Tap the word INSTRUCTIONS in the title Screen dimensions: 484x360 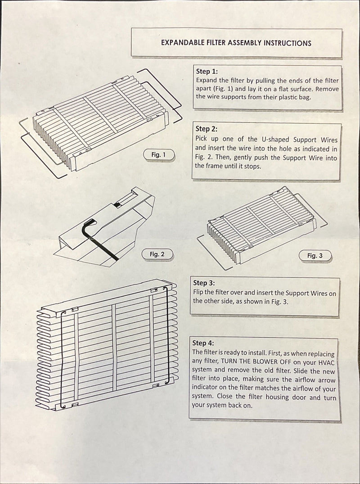[288, 43]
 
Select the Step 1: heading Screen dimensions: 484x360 [207, 71]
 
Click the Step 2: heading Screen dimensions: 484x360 [207, 129]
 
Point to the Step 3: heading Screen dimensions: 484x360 [204, 283]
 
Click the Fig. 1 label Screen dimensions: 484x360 [158, 154]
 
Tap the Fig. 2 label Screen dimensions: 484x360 [157, 254]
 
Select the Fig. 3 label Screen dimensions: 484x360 [315, 255]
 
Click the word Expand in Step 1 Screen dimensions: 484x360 [207, 80]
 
